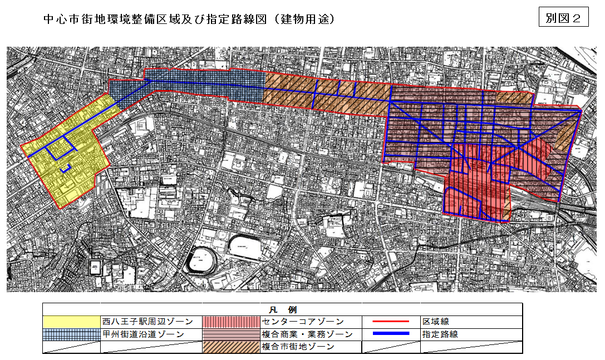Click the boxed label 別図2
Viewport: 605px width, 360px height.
tap(563, 18)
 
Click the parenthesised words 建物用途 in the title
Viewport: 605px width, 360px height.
tap(307, 19)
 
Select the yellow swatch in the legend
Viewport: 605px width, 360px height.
tap(71, 322)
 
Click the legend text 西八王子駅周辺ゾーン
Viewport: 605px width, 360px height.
tap(147, 322)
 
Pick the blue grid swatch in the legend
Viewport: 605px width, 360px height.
tap(71, 334)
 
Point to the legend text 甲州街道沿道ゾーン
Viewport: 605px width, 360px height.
tap(144, 334)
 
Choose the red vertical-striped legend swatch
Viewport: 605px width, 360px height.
tap(231, 322)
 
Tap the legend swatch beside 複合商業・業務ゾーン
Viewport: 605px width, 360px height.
tap(231, 334)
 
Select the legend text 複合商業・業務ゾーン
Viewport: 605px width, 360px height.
tap(307, 334)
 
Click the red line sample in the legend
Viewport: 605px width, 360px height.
tap(391, 322)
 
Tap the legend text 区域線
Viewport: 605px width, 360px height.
tap(435, 322)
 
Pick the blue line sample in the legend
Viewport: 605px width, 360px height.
tap(391, 334)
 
